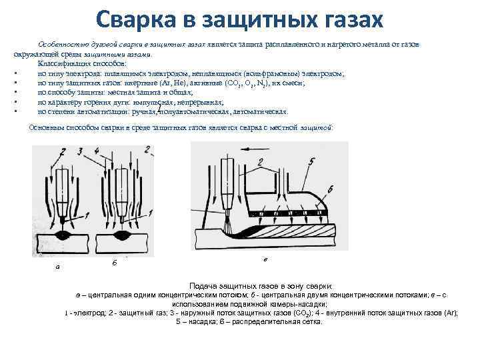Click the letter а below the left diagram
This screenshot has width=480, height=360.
58,267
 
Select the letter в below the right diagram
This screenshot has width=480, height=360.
267,259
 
